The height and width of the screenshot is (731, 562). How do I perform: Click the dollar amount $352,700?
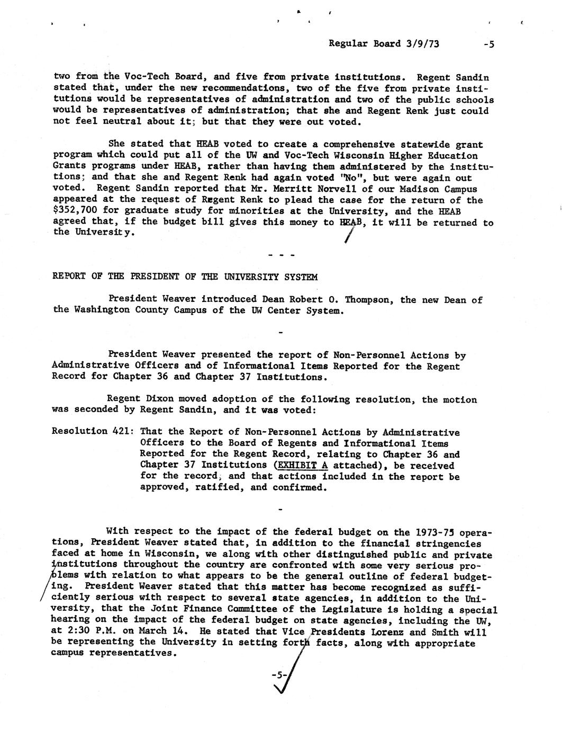pos(75,211)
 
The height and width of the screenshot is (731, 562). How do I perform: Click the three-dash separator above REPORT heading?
pos(281,255)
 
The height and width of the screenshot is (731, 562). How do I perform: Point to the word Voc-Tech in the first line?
pos(139,77)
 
